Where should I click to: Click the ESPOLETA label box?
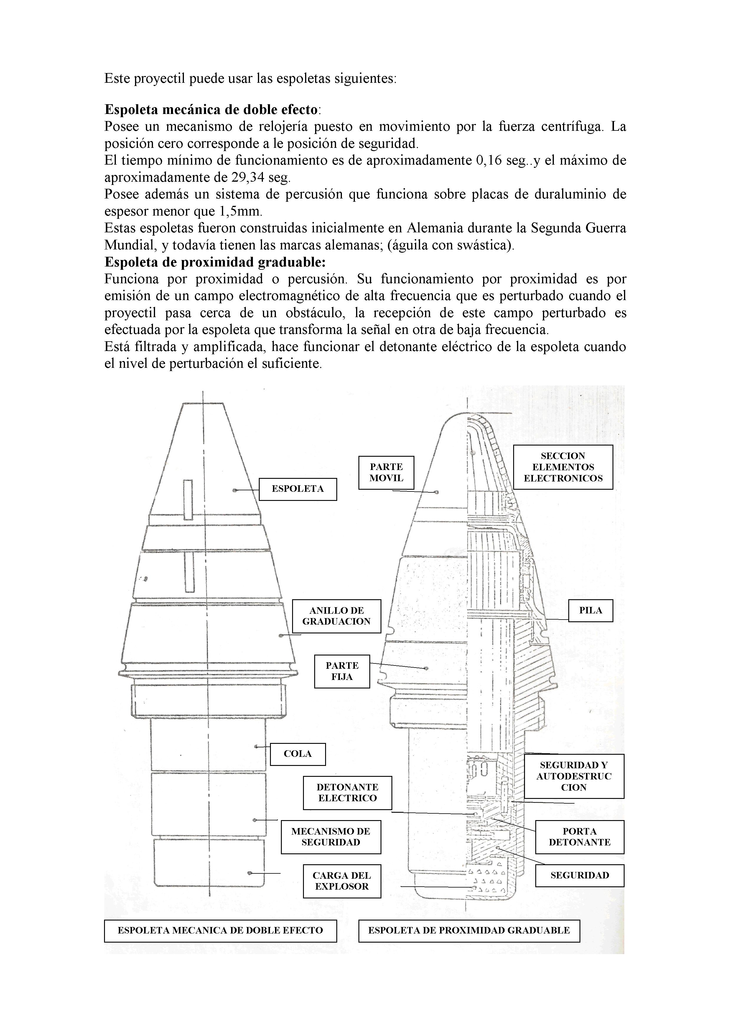point(298,489)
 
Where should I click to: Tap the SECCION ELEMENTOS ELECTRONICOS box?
point(563,467)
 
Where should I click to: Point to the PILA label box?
point(590,610)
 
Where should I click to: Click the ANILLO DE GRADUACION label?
point(336,616)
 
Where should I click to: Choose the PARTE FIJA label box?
point(342,671)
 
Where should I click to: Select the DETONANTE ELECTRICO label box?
point(347,793)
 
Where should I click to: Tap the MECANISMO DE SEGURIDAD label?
point(331,837)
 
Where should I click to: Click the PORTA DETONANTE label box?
point(580,837)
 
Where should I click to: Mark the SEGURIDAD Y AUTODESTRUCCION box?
point(574,776)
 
